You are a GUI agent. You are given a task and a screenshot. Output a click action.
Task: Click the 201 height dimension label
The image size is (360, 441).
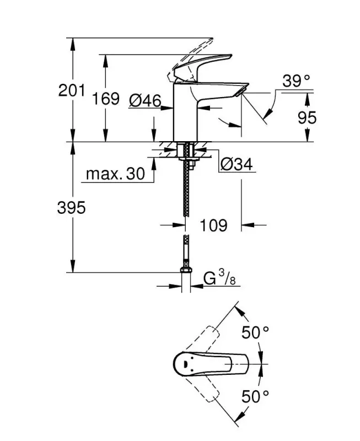(72, 90)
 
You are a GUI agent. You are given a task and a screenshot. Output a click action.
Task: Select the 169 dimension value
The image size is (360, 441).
(105, 99)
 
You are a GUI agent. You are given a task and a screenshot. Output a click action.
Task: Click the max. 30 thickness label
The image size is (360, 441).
(115, 174)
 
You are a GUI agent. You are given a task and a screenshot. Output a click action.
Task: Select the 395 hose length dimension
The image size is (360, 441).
(72, 208)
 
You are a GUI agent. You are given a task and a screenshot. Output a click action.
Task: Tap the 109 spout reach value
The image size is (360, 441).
(212, 225)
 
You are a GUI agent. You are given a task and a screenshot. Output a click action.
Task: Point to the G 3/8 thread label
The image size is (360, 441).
(218, 279)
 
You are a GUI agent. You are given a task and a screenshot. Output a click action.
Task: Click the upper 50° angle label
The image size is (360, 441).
(256, 333)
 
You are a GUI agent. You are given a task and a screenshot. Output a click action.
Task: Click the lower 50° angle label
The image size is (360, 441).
(256, 395)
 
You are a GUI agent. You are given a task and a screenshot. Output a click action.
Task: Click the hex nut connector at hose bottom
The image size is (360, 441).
(186, 270)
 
